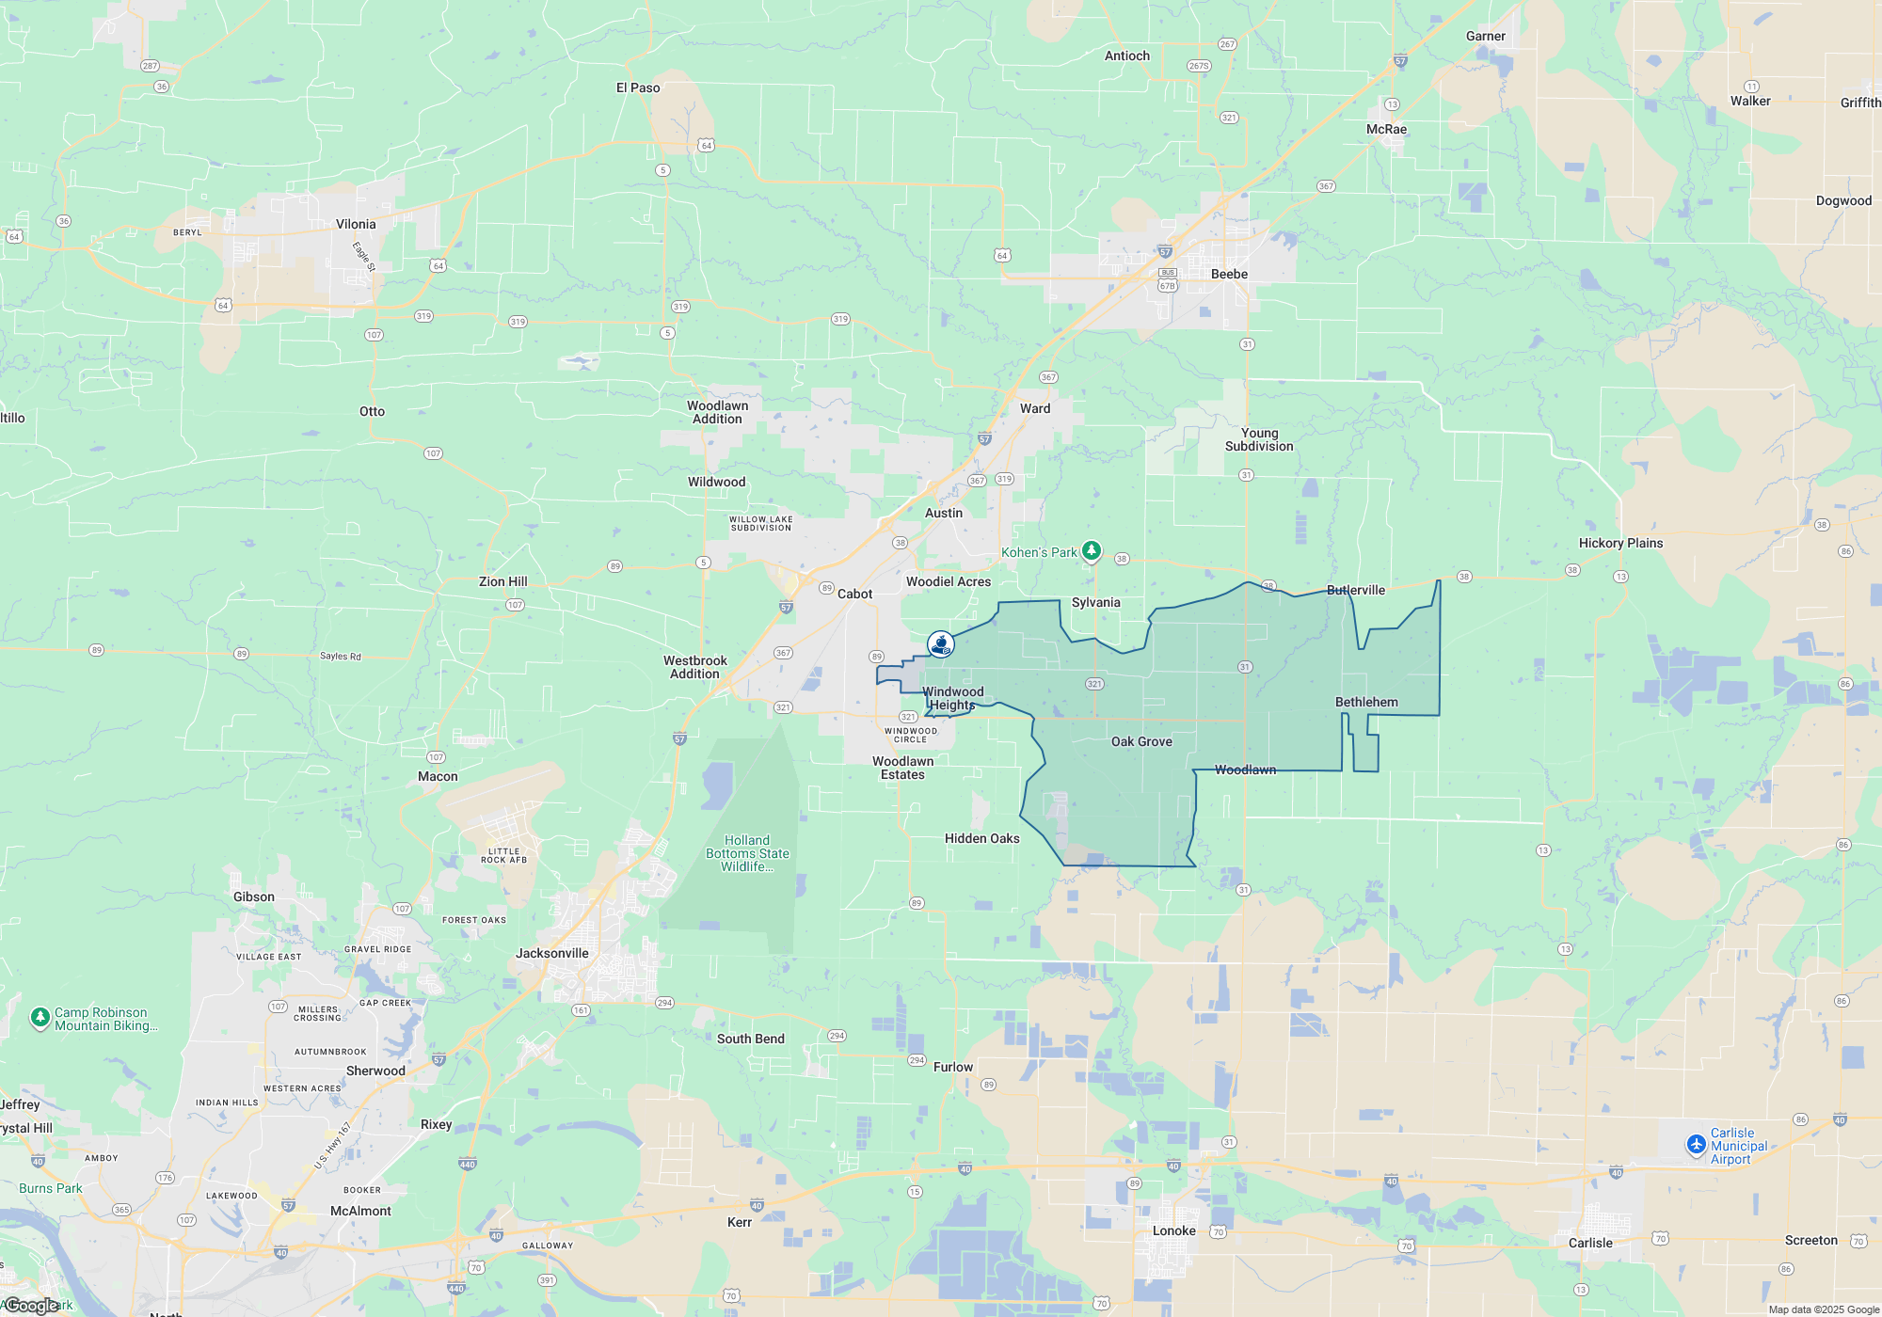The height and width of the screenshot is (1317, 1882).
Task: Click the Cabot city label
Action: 854,594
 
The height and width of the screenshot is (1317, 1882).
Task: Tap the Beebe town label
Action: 1229,274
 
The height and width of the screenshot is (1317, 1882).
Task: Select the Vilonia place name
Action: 356,224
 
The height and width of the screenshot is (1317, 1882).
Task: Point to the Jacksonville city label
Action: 551,953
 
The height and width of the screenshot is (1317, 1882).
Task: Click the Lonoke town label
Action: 1173,1230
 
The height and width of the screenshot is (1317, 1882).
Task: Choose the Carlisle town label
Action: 1590,1243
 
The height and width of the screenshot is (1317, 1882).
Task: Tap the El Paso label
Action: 638,87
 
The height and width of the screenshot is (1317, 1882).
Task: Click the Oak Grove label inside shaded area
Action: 1141,741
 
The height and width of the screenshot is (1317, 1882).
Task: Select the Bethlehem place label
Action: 1366,702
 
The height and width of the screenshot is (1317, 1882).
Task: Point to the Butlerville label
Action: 1355,590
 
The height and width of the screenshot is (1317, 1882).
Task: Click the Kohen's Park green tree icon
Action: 1092,550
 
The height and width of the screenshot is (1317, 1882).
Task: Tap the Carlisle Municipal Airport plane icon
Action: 1697,1145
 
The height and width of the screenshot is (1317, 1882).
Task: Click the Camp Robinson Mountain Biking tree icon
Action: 40,1017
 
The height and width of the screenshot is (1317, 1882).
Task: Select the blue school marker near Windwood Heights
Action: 941,644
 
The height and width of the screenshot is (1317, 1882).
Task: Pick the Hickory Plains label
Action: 1620,543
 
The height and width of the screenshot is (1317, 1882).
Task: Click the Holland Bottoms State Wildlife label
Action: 747,853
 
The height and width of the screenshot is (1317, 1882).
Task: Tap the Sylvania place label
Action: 1095,602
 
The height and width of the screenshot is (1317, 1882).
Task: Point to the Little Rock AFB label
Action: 503,855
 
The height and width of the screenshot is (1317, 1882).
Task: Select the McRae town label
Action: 1386,129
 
